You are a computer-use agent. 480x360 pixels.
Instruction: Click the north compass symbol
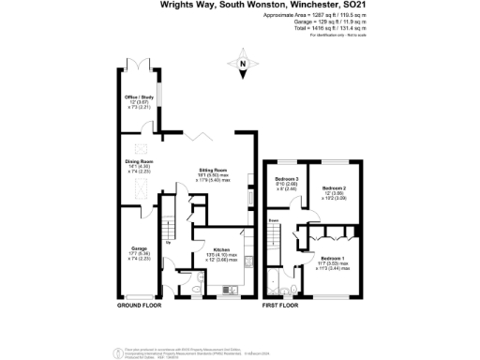coord(243,67)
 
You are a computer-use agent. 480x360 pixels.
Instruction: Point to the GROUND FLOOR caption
coord(138,306)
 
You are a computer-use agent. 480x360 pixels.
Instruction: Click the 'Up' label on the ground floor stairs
coord(166,242)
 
